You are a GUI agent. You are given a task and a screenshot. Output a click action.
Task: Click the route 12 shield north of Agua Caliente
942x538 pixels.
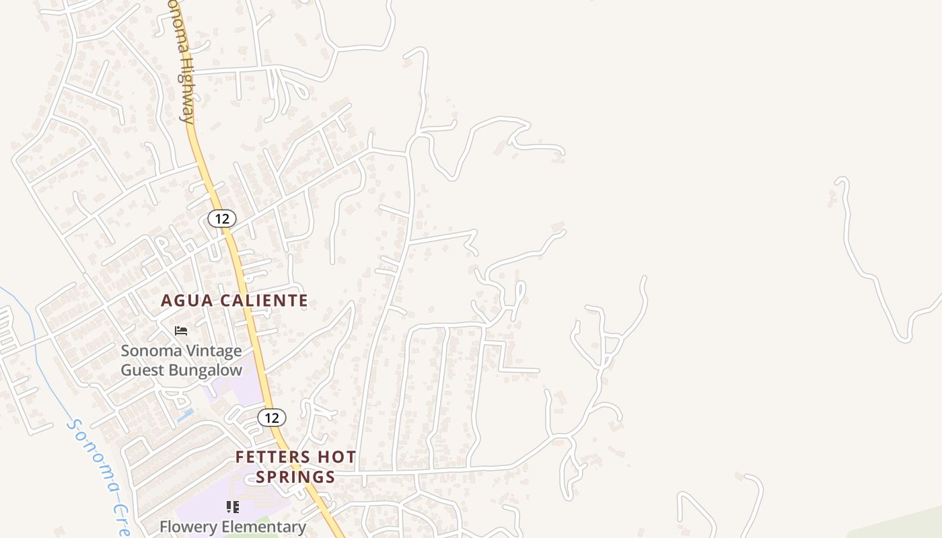[x=221, y=219]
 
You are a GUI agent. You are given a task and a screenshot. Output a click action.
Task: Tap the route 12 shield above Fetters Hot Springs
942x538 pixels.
[x=271, y=418]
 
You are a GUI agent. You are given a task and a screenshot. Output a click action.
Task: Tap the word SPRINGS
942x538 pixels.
[x=295, y=477]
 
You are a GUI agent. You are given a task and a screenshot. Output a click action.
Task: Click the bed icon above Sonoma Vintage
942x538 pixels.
[x=180, y=331]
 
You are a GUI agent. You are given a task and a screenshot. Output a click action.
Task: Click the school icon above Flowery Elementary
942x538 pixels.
[x=233, y=506]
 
